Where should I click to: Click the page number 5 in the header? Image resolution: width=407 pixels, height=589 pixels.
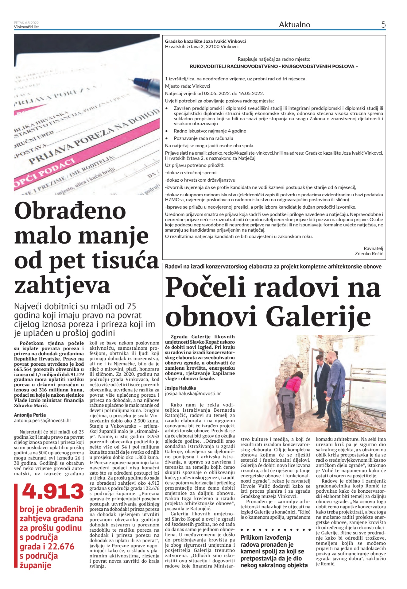click(383, 25)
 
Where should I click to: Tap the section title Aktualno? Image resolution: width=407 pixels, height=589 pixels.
click(294, 25)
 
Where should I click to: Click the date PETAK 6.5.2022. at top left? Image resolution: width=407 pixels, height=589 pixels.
click(27, 23)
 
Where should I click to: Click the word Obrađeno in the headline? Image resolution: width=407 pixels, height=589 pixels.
click(70, 211)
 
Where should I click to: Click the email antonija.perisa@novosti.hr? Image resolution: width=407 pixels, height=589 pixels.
click(43, 421)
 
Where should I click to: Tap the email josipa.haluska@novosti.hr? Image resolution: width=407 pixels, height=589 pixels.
click(193, 393)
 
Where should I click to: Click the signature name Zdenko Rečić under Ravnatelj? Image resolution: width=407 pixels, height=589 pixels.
click(369, 253)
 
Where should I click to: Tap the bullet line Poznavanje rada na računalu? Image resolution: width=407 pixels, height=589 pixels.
click(203, 138)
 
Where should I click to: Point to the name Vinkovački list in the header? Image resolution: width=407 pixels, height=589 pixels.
click(26, 27)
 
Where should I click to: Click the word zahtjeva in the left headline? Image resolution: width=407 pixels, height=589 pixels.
click(62, 285)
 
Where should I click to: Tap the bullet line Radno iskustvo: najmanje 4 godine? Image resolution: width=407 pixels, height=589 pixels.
click(210, 131)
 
